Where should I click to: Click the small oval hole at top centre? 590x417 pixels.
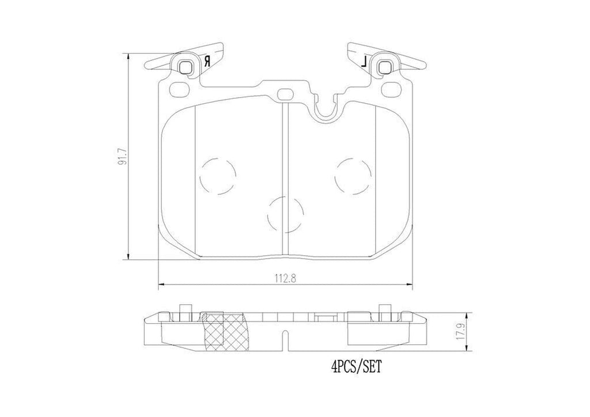coord(285,94)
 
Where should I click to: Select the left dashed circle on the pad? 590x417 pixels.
coord(218,177)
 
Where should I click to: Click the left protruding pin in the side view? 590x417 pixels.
coord(184,310)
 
